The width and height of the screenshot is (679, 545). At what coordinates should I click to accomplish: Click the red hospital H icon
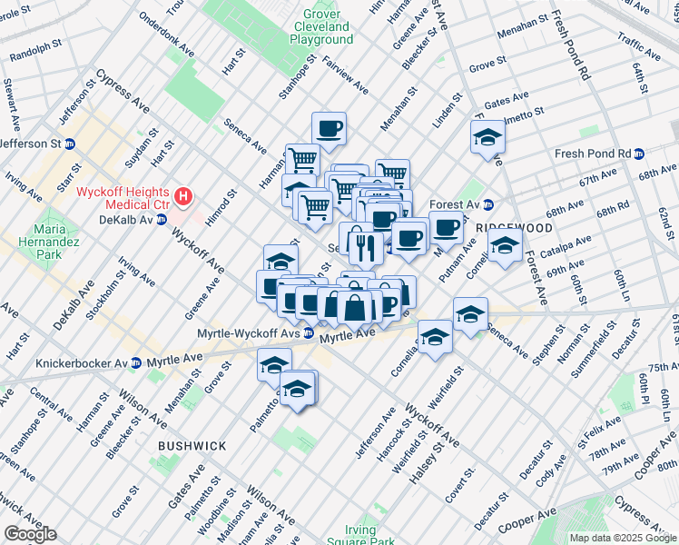tap(184, 195)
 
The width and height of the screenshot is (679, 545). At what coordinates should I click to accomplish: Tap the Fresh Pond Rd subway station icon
tap(639, 154)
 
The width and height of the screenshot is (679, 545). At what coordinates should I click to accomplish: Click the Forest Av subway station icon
tap(487, 204)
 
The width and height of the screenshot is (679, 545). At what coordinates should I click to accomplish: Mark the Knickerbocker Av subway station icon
tap(135, 363)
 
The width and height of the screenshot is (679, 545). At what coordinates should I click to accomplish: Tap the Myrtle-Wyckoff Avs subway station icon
tap(310, 334)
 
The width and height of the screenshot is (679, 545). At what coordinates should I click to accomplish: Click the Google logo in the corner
tap(30, 534)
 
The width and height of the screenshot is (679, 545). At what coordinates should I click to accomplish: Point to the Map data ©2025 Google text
tap(623, 538)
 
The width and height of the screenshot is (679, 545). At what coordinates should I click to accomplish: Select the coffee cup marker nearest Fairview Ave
tap(329, 129)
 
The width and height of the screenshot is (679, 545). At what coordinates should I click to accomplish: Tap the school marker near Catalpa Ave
tap(505, 245)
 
